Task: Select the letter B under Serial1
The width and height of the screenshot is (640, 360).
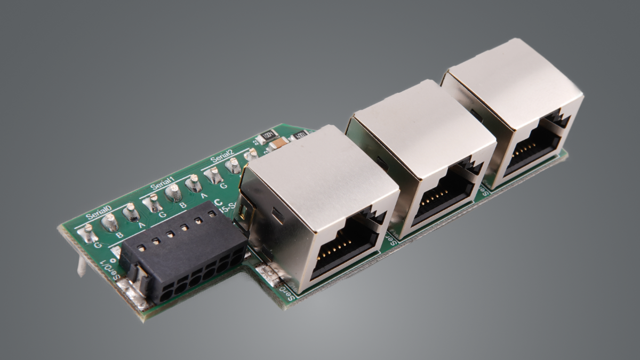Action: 182,204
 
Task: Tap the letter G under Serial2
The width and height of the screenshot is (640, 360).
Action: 223,186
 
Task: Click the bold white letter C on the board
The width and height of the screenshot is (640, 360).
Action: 217,203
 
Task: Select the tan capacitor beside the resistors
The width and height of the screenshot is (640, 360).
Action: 279,143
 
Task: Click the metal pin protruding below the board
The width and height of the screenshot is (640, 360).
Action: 82,265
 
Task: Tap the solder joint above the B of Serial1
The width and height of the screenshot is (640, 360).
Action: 173,191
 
